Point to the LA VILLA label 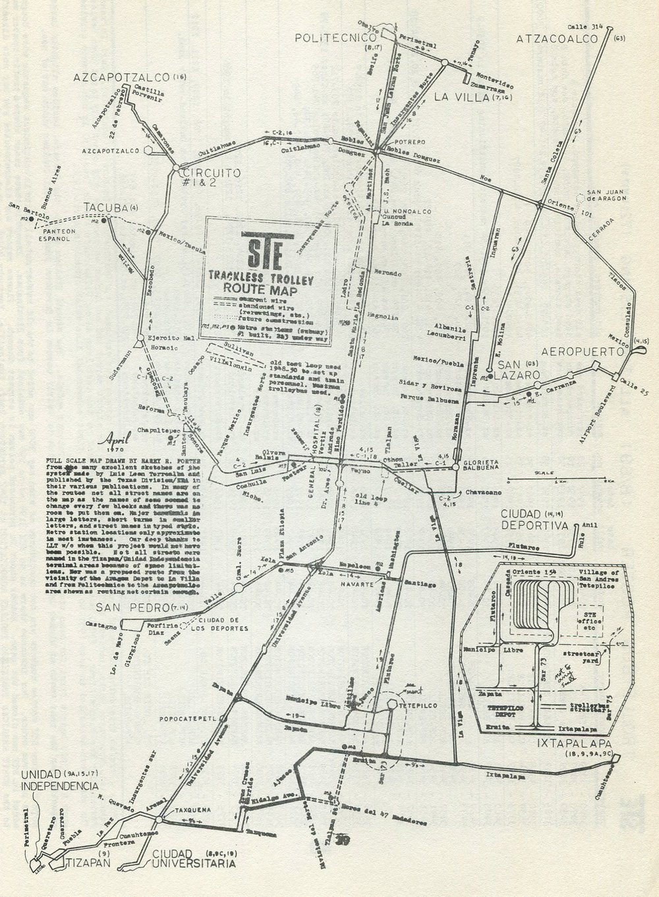click(463, 98)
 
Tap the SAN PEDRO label click(123, 607)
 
